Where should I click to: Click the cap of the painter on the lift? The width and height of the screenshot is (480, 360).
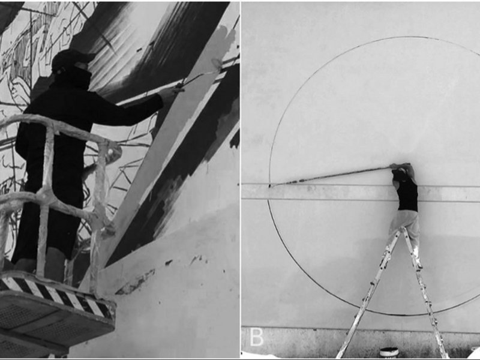point(72,59)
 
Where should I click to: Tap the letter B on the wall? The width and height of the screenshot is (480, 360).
point(256,337)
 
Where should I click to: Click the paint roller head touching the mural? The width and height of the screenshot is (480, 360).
point(217,64)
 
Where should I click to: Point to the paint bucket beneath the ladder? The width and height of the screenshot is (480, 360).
point(389,352)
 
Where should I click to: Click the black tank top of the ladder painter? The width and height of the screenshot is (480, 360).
point(407,195)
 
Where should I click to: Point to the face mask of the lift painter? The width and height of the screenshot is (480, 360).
point(77,77)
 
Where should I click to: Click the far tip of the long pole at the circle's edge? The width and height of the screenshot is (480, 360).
point(270,185)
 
